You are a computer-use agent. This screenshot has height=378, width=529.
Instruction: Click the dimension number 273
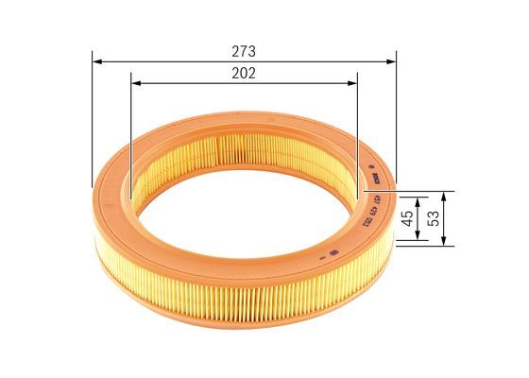click(x=243, y=49)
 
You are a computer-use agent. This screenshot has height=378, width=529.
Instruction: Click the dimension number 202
click(x=243, y=72)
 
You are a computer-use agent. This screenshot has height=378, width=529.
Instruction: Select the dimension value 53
click(x=434, y=216)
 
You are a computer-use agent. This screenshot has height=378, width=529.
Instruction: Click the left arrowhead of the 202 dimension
click(x=133, y=83)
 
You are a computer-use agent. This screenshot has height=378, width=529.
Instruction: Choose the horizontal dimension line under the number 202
click(x=243, y=83)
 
